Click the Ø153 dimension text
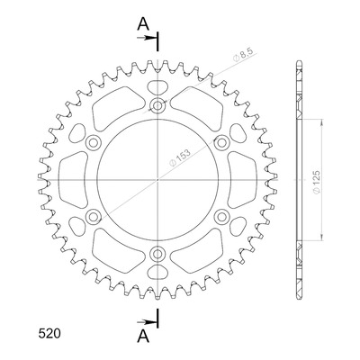click(x=180, y=158)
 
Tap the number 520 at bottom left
click(x=49, y=334)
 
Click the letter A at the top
click(x=143, y=24)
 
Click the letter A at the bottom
click(x=143, y=336)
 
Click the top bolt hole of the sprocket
click(x=157, y=105)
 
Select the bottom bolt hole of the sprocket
click(x=157, y=254)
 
